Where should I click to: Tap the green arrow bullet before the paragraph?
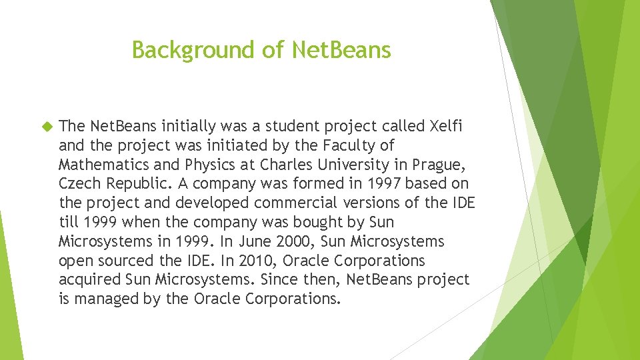[x=47, y=126]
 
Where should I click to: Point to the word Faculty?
[x=364, y=145]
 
